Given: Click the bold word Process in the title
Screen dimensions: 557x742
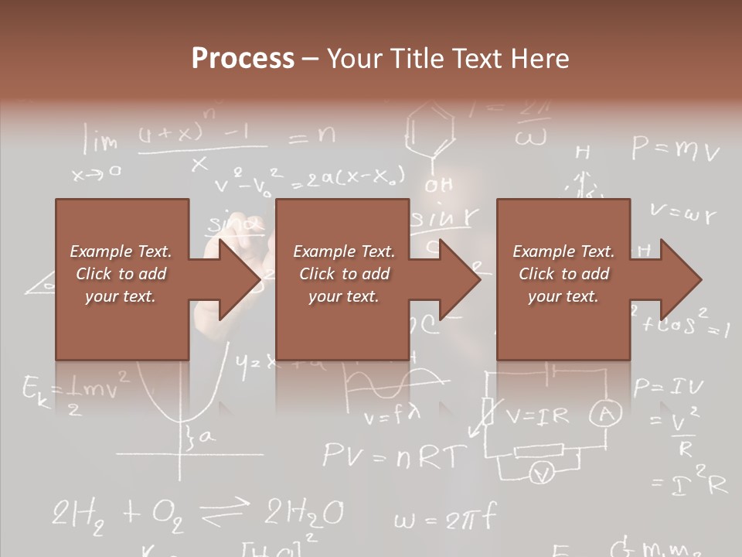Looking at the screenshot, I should (x=243, y=59).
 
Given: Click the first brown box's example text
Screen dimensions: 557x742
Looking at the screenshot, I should (x=121, y=274).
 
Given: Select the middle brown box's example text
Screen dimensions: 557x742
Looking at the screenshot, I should (x=343, y=274).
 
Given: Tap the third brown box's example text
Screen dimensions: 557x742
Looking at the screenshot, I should (x=563, y=274).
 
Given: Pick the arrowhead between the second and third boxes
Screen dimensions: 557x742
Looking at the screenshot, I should (x=459, y=279).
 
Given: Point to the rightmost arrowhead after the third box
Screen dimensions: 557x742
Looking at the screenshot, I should (x=680, y=279).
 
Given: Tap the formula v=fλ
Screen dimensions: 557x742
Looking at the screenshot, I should (x=392, y=418).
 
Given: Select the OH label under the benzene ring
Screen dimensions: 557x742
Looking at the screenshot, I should (x=438, y=186).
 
